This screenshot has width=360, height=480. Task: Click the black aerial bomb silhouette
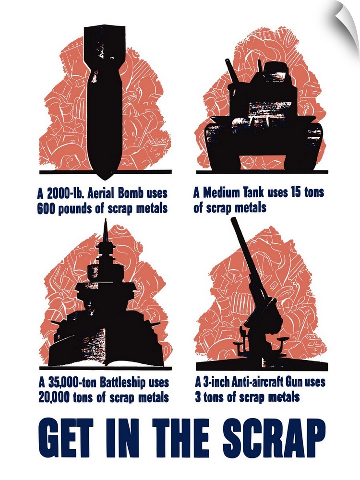click(x=104, y=101)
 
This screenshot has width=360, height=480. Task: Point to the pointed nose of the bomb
click(x=104, y=180)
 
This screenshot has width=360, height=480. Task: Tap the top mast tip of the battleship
click(x=106, y=219)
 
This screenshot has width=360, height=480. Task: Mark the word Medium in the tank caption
click(x=221, y=193)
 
